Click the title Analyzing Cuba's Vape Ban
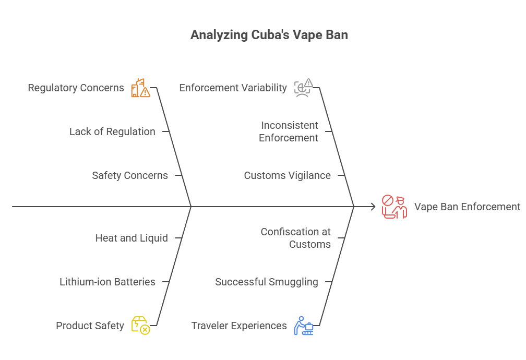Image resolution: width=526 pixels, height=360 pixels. (x=269, y=35)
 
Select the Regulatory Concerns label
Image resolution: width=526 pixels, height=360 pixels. (x=76, y=88)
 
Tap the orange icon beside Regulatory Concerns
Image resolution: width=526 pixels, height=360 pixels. (x=140, y=88)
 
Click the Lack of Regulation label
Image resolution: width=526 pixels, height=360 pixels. (x=112, y=131)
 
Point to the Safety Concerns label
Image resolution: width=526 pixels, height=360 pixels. (x=130, y=175)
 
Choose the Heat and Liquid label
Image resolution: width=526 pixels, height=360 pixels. (x=131, y=238)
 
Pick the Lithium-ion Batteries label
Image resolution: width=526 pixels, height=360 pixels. (x=107, y=282)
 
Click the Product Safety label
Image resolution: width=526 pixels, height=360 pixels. (x=90, y=326)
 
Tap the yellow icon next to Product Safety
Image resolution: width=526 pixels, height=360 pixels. (x=140, y=325)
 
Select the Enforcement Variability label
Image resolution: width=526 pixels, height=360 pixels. (x=233, y=88)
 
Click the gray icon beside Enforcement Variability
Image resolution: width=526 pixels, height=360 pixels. (x=303, y=88)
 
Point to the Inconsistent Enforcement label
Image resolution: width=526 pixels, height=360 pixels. (x=289, y=131)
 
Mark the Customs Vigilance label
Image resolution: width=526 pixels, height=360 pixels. (x=287, y=175)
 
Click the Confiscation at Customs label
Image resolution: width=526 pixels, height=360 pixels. (x=295, y=238)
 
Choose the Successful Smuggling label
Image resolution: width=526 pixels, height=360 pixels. (x=266, y=282)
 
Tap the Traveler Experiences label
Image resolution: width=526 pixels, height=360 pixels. (x=239, y=326)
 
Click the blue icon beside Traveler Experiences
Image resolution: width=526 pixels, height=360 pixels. (x=303, y=325)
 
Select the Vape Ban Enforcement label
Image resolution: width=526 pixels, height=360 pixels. (x=467, y=207)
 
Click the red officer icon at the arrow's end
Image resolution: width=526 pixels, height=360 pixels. (x=394, y=207)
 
